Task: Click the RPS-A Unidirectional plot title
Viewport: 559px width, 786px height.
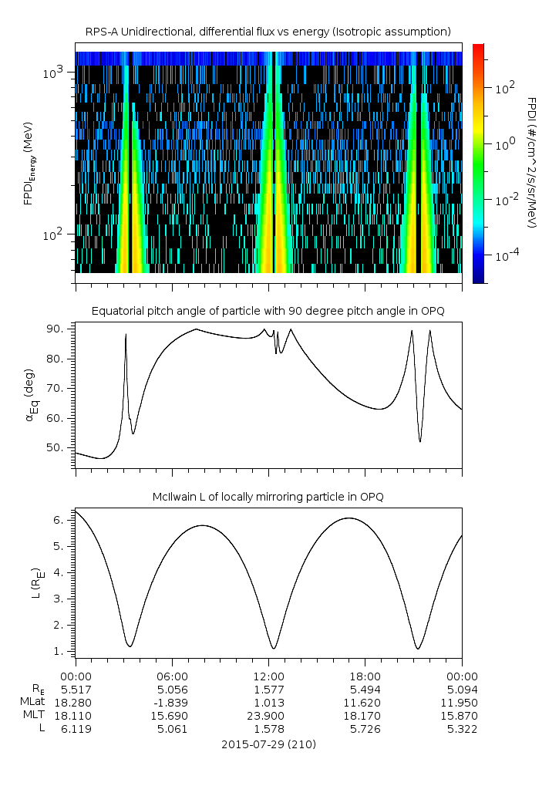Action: pos(268,31)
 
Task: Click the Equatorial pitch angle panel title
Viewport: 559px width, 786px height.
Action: pos(268,311)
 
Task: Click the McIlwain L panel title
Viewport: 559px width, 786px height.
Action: pos(268,497)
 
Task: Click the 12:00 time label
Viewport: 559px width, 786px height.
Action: pos(268,675)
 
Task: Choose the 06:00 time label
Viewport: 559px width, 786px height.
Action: pos(171,675)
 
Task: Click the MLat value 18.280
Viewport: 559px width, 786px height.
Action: pos(75,703)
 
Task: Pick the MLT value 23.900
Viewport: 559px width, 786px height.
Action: pos(268,717)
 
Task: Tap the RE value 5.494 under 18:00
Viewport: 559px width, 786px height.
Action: pos(365,689)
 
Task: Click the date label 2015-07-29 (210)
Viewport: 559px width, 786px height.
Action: pos(268,745)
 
